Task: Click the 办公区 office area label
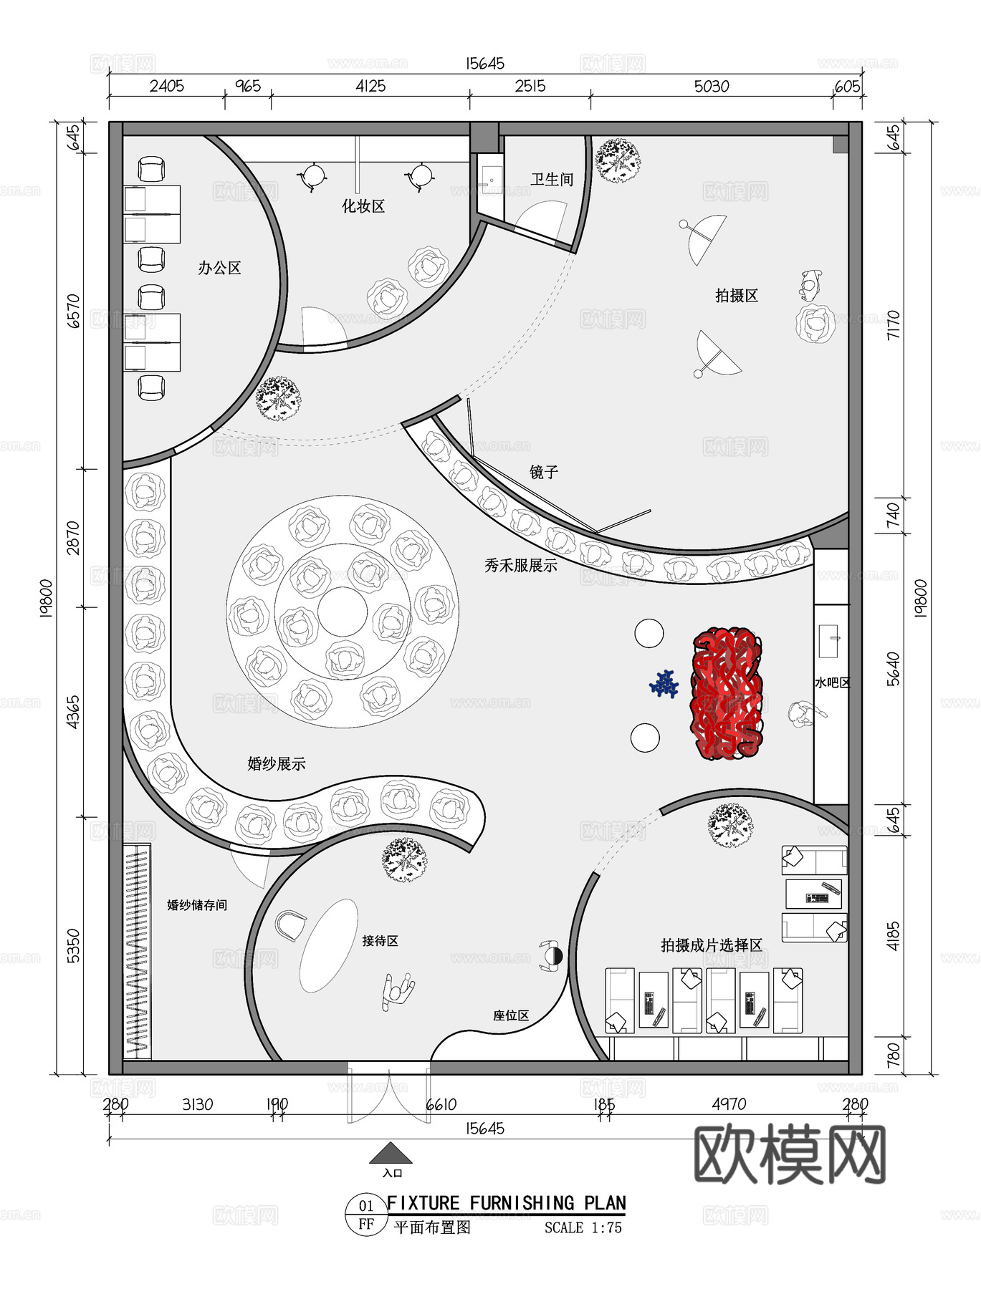(219, 269)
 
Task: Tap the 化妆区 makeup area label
(363, 207)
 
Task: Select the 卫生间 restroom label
(552, 180)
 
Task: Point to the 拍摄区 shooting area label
(736, 296)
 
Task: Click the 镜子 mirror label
(544, 472)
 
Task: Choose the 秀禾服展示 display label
(520, 566)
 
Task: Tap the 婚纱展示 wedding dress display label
(276, 764)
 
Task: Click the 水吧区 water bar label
(831, 683)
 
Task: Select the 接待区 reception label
(380, 941)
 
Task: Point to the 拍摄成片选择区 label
(711, 945)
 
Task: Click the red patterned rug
(726, 693)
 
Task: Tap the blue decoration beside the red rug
(665, 684)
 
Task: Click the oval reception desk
(328, 946)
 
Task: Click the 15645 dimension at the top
(485, 64)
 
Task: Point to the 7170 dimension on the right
(893, 324)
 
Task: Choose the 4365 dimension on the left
(73, 712)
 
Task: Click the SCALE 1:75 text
(583, 1227)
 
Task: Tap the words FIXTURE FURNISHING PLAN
(506, 1203)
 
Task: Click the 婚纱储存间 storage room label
(197, 905)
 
